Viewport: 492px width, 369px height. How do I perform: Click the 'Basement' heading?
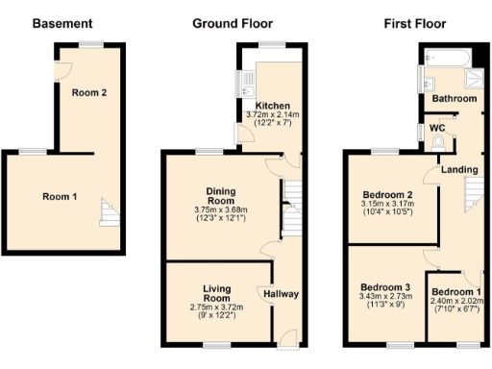(x=62, y=23)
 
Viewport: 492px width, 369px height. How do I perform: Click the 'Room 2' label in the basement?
(x=89, y=93)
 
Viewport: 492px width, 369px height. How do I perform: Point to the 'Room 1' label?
(x=60, y=197)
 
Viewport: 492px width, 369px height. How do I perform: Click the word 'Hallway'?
(x=280, y=294)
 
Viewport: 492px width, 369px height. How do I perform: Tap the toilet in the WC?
(x=440, y=143)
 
